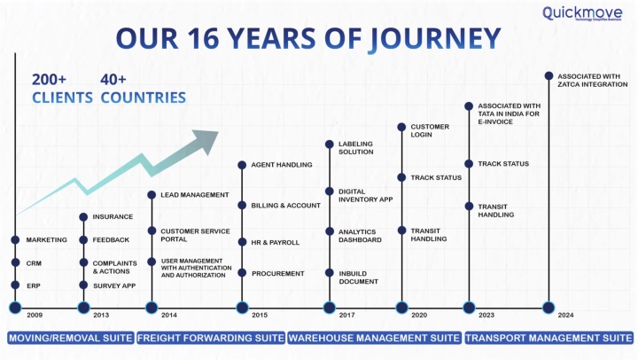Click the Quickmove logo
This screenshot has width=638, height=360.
pos(582,13)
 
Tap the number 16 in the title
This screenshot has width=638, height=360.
pos(203,38)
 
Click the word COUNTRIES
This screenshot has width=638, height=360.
pos(144,98)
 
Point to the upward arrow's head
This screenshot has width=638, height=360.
pos(206,140)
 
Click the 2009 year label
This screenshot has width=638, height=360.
pos(35,315)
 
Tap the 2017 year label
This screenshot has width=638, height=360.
pos(346,315)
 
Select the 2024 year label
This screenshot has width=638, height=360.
pos(565,315)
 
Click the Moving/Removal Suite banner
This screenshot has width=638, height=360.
pos(71,338)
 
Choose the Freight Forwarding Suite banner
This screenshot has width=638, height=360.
pos(211,338)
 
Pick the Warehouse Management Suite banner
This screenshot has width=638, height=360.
pos(374,338)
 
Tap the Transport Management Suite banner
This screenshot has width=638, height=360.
pos(549,338)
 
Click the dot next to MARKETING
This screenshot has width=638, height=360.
pos(15,240)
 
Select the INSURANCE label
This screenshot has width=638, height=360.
pos(113,216)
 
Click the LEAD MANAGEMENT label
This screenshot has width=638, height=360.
pos(194,195)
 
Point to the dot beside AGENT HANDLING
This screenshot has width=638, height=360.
pos(242,165)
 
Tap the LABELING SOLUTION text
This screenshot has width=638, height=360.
pos(355,148)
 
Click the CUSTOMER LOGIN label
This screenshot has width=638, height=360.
pos(430,130)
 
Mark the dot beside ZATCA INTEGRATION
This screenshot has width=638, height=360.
pos(549,75)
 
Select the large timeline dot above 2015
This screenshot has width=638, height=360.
pos(242,308)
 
